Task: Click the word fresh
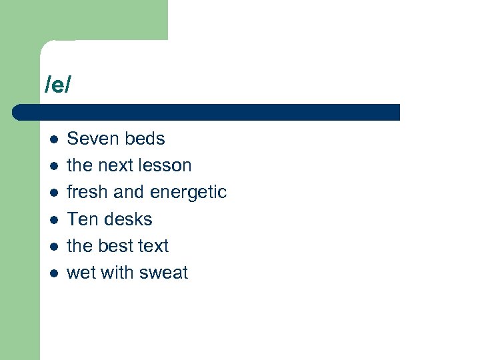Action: click(x=88, y=192)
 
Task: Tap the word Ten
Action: click(x=81, y=219)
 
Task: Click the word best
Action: click(x=116, y=245)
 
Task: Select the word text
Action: click(x=153, y=246)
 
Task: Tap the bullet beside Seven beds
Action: click(x=53, y=139)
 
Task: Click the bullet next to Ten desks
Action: click(x=53, y=219)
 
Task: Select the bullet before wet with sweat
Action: click(x=53, y=273)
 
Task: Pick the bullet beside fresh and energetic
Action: click(x=53, y=193)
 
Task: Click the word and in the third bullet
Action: click(x=129, y=192)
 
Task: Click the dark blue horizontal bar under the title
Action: click(x=207, y=112)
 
